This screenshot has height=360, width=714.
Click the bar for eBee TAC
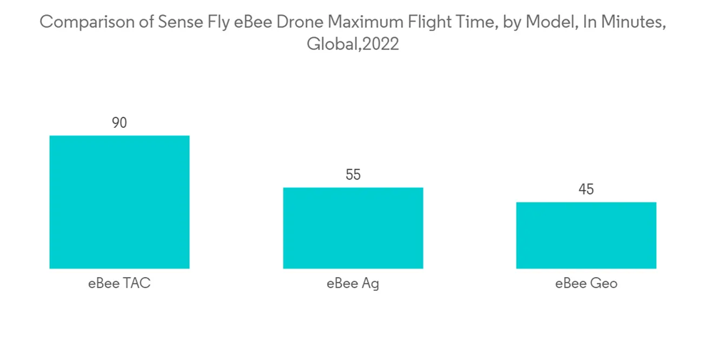pos(119,202)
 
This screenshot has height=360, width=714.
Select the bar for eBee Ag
pos(353,228)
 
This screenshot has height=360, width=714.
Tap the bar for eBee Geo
pos(586,235)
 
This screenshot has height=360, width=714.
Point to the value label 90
pos(119,123)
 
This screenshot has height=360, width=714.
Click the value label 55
pos(353,175)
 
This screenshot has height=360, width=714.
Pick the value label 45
pos(586,189)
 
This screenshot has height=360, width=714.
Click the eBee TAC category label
pos(119,284)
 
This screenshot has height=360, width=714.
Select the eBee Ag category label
pos(353,284)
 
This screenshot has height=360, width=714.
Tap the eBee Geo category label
pos(586,284)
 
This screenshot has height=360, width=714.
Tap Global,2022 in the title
pos(352,44)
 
